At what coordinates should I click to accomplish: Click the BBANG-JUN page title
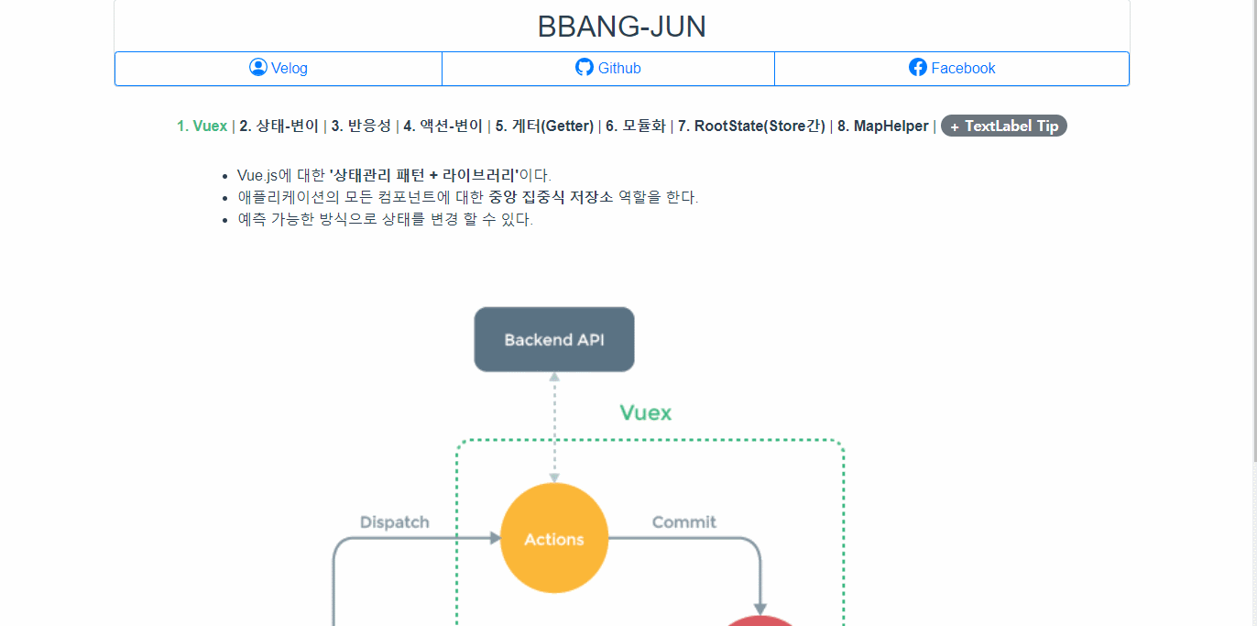click(x=622, y=27)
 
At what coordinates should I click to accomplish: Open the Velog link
click(x=279, y=68)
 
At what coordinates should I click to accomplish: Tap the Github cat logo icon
click(x=585, y=68)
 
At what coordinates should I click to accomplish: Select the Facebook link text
click(x=963, y=68)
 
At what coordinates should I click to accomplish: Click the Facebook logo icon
click(x=918, y=68)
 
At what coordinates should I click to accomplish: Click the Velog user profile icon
click(x=258, y=67)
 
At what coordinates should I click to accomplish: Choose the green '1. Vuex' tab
click(x=202, y=126)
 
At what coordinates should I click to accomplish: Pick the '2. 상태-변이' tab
click(x=279, y=126)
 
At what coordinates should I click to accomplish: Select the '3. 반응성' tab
click(x=361, y=126)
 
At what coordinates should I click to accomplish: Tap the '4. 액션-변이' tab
click(x=443, y=126)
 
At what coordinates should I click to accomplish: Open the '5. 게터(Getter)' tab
click(x=544, y=126)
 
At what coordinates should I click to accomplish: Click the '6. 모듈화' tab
click(x=635, y=126)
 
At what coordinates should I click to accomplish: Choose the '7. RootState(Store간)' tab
click(x=751, y=126)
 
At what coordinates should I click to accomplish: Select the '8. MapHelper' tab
click(x=882, y=126)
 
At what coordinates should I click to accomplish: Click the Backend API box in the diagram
click(x=554, y=339)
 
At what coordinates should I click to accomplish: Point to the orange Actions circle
click(x=554, y=538)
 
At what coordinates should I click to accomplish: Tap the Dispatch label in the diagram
click(x=395, y=522)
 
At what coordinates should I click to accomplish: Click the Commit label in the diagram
click(x=684, y=522)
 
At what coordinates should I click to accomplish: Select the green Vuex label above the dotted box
click(x=645, y=412)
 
